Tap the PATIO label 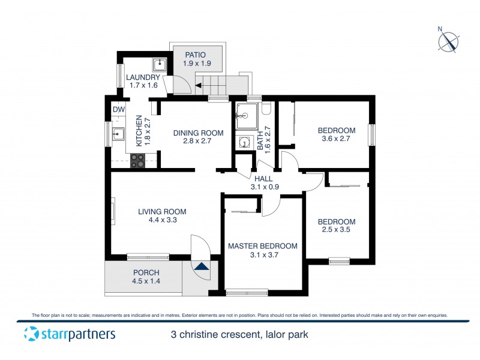(195, 55)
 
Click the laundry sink (159, 65)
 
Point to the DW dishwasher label (118, 109)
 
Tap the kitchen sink (118, 134)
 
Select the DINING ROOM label (198, 133)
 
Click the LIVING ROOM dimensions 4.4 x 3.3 (162, 220)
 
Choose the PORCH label (146, 272)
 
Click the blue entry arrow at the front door (202, 267)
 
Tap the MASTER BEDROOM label (262, 246)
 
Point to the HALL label (263, 178)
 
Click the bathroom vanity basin (244, 142)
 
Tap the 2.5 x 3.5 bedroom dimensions (336, 229)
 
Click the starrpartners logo (69, 334)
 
